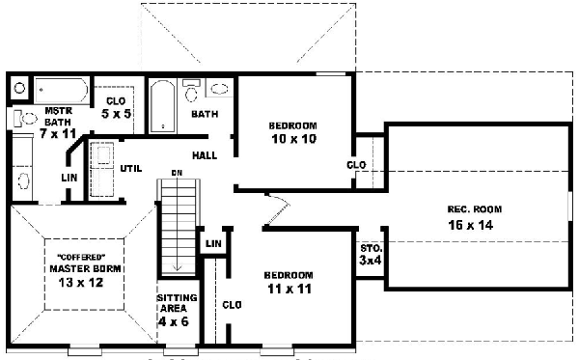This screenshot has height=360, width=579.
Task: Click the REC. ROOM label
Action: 474,209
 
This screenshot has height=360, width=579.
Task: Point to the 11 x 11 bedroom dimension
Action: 289,289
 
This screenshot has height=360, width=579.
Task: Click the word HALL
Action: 204,154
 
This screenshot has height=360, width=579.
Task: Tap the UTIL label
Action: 130,168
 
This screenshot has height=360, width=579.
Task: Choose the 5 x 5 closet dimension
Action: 116,113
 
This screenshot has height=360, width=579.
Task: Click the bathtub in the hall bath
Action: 161,105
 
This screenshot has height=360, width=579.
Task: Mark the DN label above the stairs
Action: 177,173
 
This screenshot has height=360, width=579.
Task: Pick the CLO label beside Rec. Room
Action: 356,164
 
